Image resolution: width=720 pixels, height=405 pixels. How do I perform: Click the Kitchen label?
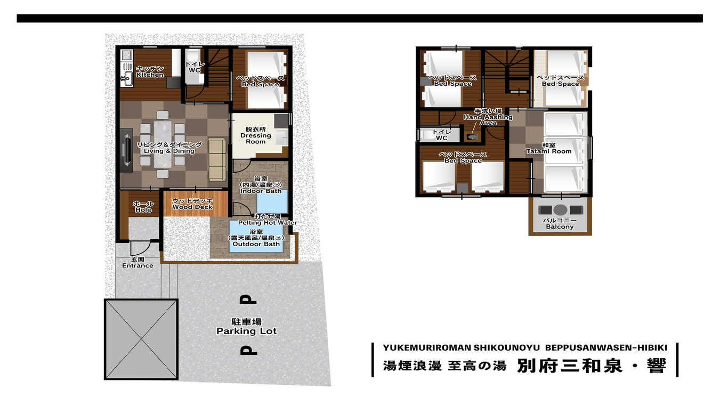point(150,75)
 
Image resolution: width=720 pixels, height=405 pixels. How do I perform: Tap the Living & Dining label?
point(169,151)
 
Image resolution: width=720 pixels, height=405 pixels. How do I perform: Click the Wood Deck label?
point(192,207)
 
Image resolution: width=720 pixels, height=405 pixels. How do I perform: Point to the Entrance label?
point(137,265)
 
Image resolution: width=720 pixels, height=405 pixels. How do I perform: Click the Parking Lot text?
point(247,331)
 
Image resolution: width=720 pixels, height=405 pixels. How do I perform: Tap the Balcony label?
point(560,226)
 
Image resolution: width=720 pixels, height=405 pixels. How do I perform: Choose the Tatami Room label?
point(549,151)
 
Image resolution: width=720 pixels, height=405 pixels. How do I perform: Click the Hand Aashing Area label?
point(488,120)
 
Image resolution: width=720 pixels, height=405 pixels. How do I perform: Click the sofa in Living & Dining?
point(217,159)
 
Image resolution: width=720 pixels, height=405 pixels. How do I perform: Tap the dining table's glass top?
point(163,144)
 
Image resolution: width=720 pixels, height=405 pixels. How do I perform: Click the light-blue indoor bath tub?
point(272,201)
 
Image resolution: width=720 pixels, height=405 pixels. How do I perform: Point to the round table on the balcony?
point(560,210)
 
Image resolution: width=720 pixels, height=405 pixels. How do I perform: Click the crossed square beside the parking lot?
point(141,339)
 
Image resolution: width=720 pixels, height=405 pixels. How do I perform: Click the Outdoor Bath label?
point(256,244)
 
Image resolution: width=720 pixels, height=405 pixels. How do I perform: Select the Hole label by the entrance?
point(143,210)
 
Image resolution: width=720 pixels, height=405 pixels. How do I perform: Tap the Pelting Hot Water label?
point(268,222)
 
